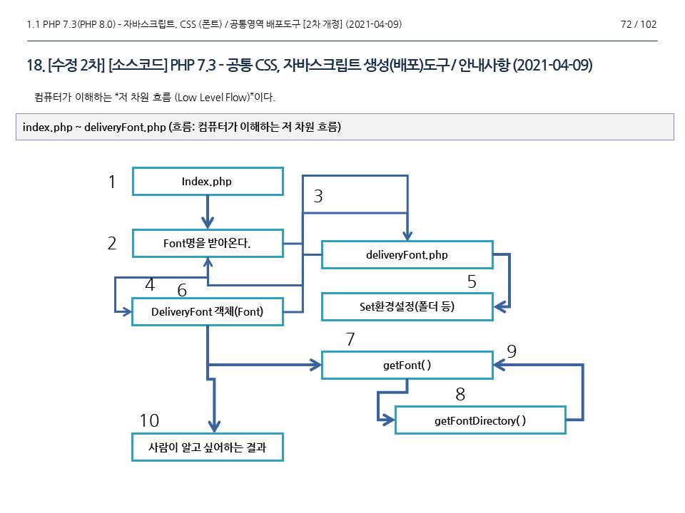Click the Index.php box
pos(208,181)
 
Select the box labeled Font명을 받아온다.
pos(208,244)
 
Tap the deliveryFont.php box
pos(407,254)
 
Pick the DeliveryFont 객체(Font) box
pos(208,311)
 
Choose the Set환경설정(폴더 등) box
pos(407,307)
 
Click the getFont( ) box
pos(407,365)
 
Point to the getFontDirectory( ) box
pos(480,420)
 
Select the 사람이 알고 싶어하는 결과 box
pos(208,447)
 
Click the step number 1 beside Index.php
pos(112,182)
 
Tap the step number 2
pos(112,244)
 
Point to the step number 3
pos(318,197)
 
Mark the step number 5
pos(472,282)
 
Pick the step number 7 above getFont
pos(350,340)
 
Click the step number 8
pos(460,395)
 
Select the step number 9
pos(511,351)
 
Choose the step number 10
pos(149,420)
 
